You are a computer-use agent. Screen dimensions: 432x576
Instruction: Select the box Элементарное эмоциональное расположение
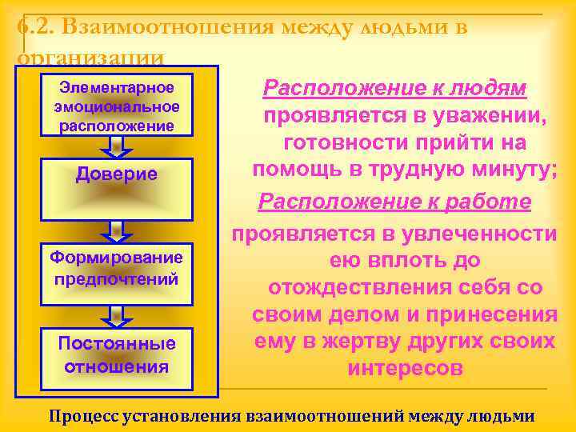(117, 106)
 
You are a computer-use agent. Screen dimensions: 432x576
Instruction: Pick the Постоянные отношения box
(117, 356)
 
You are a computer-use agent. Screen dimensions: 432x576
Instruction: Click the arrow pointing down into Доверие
(117, 146)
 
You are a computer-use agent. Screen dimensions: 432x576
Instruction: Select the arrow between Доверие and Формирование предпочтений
(117, 230)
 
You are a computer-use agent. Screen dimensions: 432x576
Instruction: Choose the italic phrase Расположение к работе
(394, 202)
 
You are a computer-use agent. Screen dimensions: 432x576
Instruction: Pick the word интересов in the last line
(405, 370)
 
